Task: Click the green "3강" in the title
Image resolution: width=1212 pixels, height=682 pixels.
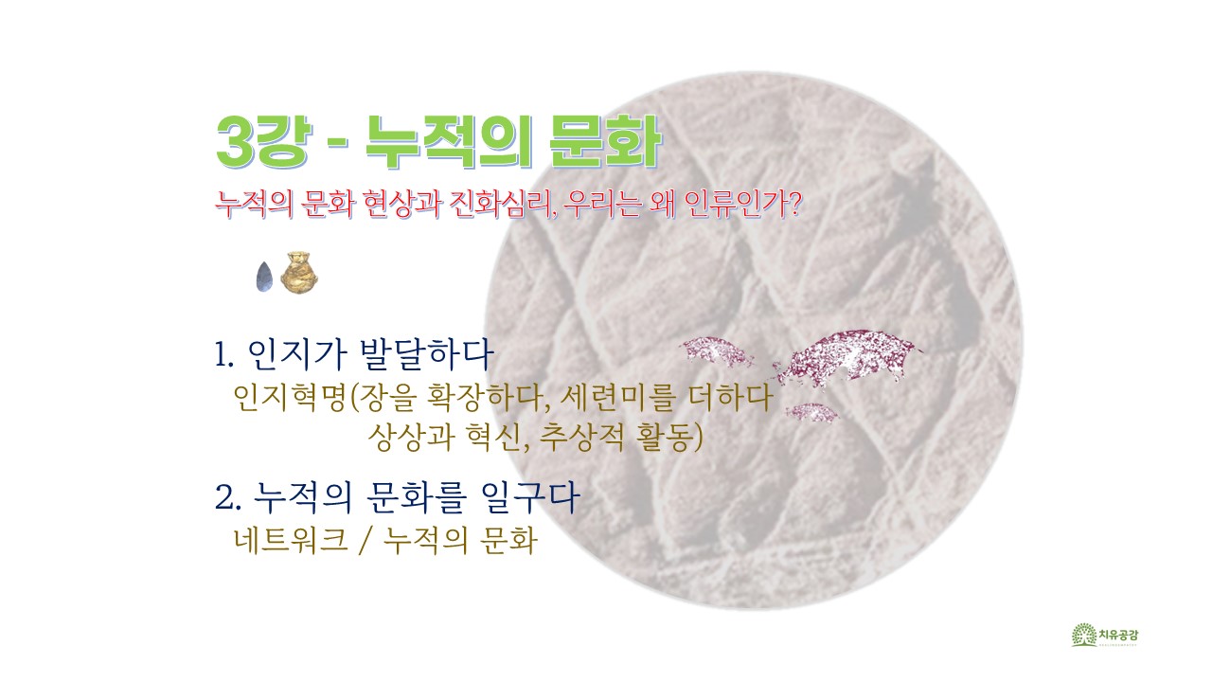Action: tap(264, 142)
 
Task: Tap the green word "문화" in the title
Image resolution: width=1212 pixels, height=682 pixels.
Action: tap(606, 142)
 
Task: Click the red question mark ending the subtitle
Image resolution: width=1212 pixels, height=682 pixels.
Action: tap(793, 204)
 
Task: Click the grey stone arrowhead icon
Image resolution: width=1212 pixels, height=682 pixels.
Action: tap(264, 277)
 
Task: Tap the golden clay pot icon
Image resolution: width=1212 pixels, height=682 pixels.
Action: tap(298, 272)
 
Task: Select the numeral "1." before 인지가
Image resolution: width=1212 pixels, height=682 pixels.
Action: tap(224, 355)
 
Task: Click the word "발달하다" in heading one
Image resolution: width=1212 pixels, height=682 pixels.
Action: tap(426, 354)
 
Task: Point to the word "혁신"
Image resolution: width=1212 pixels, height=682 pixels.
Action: tap(490, 438)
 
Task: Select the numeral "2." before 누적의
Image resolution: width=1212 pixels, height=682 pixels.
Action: tap(227, 497)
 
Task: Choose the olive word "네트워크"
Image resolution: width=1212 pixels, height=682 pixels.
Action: tap(290, 540)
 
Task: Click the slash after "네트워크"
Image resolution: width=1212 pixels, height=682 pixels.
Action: tap(365, 540)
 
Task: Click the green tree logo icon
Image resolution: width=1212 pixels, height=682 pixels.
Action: tap(1084, 635)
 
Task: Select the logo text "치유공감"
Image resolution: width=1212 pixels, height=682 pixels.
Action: tap(1118, 634)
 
